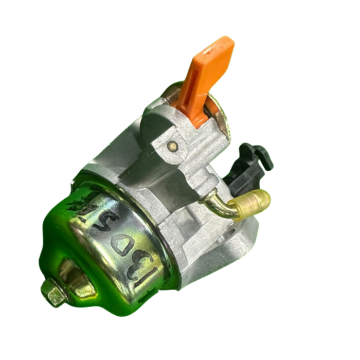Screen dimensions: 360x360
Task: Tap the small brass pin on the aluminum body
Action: pyautogui.click(x=174, y=146)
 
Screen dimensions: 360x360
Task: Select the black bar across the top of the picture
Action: pyautogui.click(x=180, y=14)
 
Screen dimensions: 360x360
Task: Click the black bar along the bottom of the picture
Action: pyautogui.click(x=180, y=345)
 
